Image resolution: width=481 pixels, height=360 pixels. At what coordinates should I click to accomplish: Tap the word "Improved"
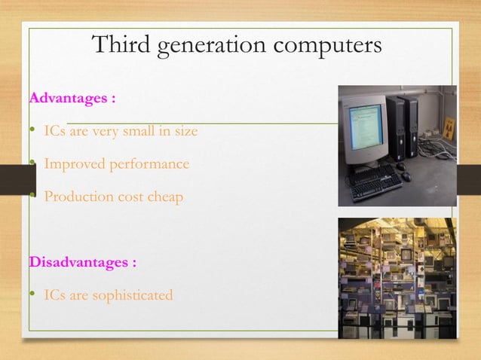click(x=72, y=163)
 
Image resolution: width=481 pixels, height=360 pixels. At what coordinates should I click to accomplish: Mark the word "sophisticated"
click(x=132, y=295)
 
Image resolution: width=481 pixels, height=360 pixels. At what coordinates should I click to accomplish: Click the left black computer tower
click(x=395, y=128)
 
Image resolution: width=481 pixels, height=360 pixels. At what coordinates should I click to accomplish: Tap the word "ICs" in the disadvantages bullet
click(x=54, y=295)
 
